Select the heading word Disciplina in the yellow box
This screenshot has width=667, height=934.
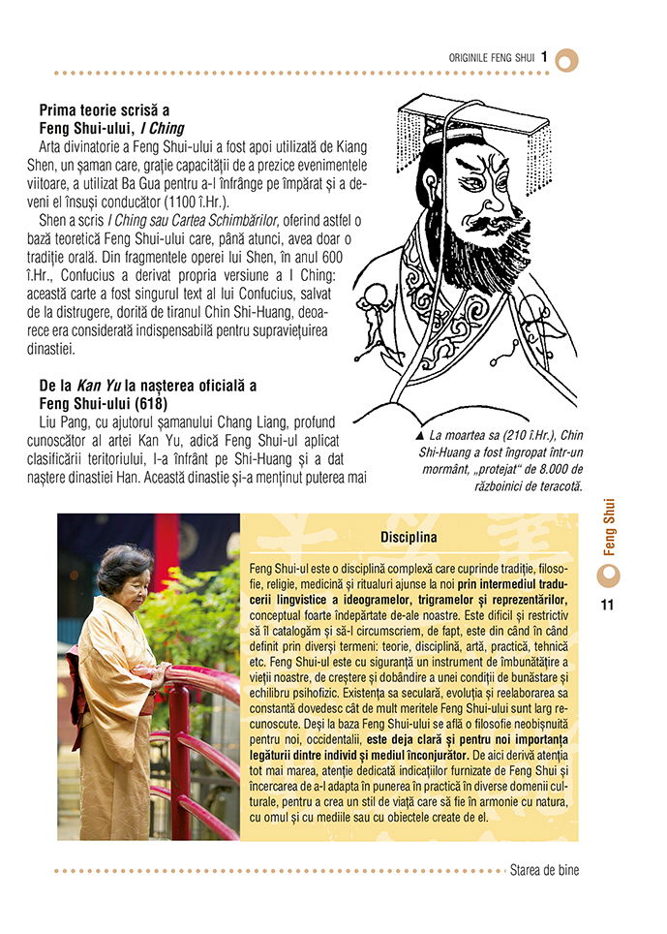[409, 537]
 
